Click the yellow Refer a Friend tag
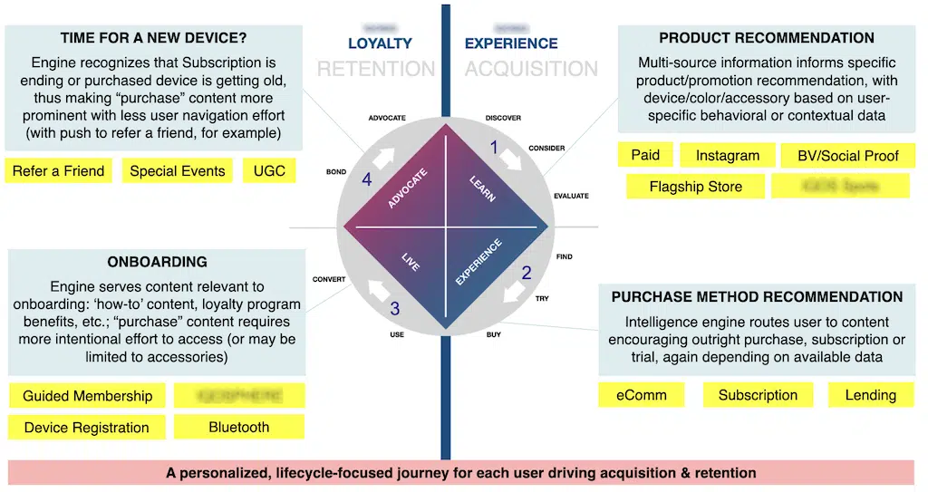click(x=59, y=170)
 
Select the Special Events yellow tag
click(x=178, y=170)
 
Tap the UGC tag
click(x=269, y=170)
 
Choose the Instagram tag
click(x=728, y=156)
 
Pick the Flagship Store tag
click(x=696, y=187)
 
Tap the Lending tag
click(x=870, y=395)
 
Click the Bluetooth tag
click(x=238, y=427)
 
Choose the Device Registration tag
click(x=87, y=428)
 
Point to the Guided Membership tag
click(x=88, y=396)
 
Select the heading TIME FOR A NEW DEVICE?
click(x=154, y=38)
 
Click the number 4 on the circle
click(x=366, y=180)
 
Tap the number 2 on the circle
click(x=527, y=272)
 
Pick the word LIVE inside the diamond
click(x=411, y=261)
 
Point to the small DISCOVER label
click(x=503, y=118)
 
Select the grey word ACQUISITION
click(x=531, y=69)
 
